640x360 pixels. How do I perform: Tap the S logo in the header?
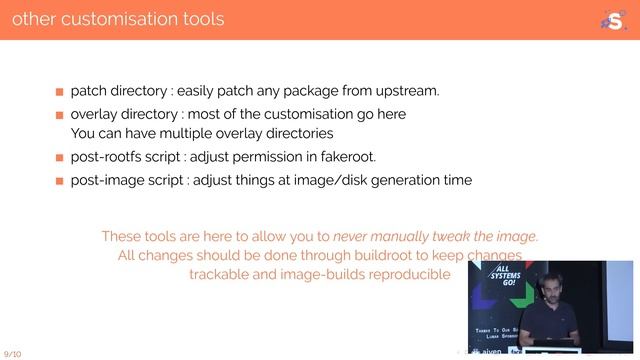pyautogui.click(x=611, y=19)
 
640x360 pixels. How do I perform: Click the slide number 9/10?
pyautogui.click(x=13, y=354)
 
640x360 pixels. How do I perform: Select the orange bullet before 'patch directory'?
pyautogui.click(x=59, y=92)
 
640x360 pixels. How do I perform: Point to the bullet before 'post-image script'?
pyautogui.click(x=59, y=182)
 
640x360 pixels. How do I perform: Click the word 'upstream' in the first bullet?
pyautogui.click(x=404, y=91)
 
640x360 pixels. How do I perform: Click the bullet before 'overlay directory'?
pyautogui.click(x=59, y=115)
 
